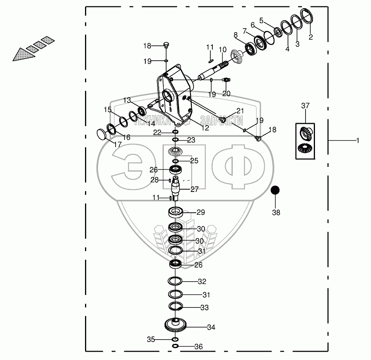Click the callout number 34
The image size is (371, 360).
tap(211, 327)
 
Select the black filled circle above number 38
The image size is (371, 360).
tap(276, 190)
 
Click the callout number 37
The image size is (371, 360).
tap(305, 106)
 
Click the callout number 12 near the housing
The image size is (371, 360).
tap(205, 128)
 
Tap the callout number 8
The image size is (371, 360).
tap(235, 35)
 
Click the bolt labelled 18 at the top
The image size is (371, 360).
tap(165, 45)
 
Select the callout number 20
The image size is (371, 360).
tap(226, 94)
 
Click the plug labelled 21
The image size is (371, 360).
tap(223, 119)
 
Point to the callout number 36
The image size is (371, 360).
tap(199, 347)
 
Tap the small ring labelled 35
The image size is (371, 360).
tap(175, 339)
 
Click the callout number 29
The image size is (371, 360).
tap(201, 212)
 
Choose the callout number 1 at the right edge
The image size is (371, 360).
tap(357, 140)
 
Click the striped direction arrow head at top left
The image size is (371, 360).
tap(20, 55)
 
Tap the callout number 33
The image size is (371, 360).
tap(204, 308)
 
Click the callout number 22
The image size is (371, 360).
tap(157, 133)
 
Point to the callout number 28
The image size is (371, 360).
tap(155, 180)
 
